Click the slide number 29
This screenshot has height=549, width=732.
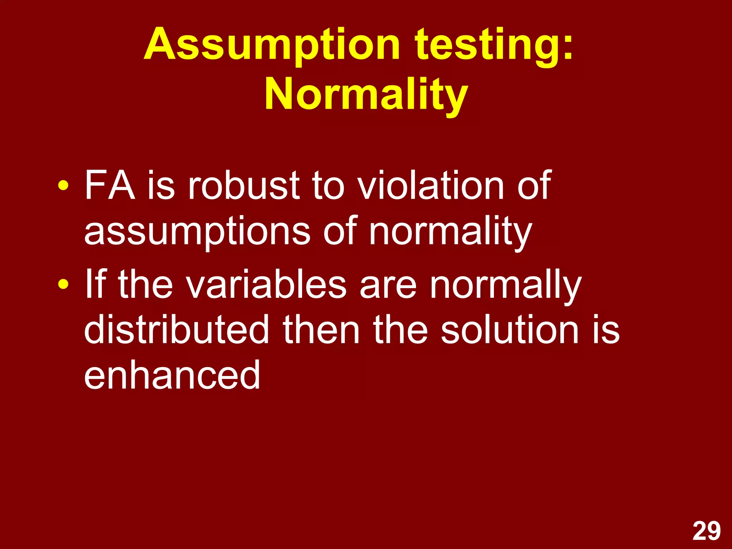707,531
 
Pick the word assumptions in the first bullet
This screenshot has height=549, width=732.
197,232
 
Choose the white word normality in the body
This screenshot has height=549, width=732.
450,232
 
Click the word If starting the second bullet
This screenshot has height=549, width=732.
95,284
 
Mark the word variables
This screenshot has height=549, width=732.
266,284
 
